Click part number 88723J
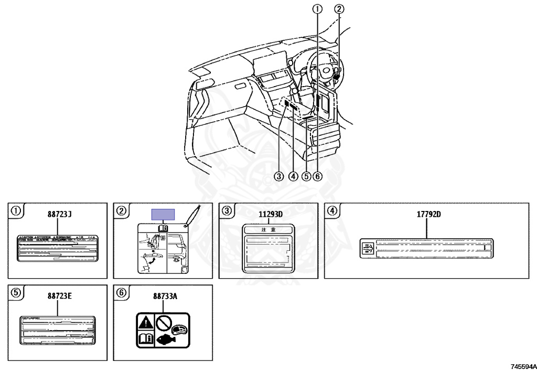click(x=59, y=214)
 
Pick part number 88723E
click(x=59, y=296)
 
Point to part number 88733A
click(x=165, y=296)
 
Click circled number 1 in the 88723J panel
click(x=16, y=211)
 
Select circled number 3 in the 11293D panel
click(x=227, y=211)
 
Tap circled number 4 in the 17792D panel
click(x=332, y=211)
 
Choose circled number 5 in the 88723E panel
click(x=16, y=293)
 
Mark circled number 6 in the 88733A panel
click(x=121, y=293)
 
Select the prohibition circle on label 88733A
click(x=163, y=321)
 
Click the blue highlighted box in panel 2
click(x=163, y=214)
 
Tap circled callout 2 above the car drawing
click(x=339, y=8)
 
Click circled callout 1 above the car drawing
click(x=317, y=8)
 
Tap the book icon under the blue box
click(x=163, y=229)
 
